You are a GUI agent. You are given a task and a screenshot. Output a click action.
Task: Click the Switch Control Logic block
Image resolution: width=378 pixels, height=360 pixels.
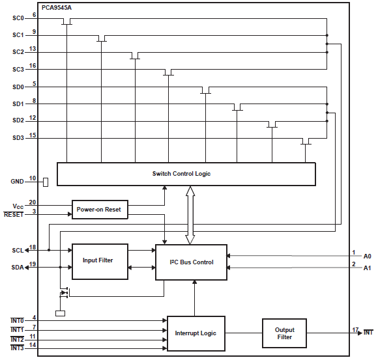point(186,174)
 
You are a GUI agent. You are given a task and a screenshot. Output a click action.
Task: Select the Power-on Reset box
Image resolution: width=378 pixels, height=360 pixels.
point(99,210)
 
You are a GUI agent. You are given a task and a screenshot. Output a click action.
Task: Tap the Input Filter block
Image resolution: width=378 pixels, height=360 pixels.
point(99,261)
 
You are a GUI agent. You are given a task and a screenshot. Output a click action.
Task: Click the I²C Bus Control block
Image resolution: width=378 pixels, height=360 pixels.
point(191,262)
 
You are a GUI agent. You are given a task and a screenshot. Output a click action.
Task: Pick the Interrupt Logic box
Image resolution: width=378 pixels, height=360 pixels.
point(196,333)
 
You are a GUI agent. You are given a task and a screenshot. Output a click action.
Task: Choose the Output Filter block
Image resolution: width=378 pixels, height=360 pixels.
point(284,333)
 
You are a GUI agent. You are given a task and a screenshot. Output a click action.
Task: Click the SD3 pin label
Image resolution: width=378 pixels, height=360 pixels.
point(18,137)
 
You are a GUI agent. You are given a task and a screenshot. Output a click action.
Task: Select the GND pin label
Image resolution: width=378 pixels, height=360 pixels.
point(17,181)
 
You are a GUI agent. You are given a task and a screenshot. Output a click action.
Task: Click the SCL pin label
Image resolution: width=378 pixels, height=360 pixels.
point(17,250)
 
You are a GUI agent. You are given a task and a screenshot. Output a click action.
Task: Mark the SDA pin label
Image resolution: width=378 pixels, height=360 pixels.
point(17,267)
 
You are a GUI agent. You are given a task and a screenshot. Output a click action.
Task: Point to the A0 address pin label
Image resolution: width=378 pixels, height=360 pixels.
point(367,256)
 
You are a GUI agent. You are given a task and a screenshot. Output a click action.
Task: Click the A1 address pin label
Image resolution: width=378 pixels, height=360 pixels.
point(367,268)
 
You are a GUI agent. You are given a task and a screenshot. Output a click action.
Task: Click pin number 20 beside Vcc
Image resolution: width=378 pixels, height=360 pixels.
point(33,202)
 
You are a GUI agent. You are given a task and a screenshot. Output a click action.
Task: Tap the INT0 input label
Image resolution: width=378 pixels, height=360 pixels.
point(17,320)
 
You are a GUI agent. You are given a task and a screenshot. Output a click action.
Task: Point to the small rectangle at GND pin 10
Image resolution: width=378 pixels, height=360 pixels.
point(46,181)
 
